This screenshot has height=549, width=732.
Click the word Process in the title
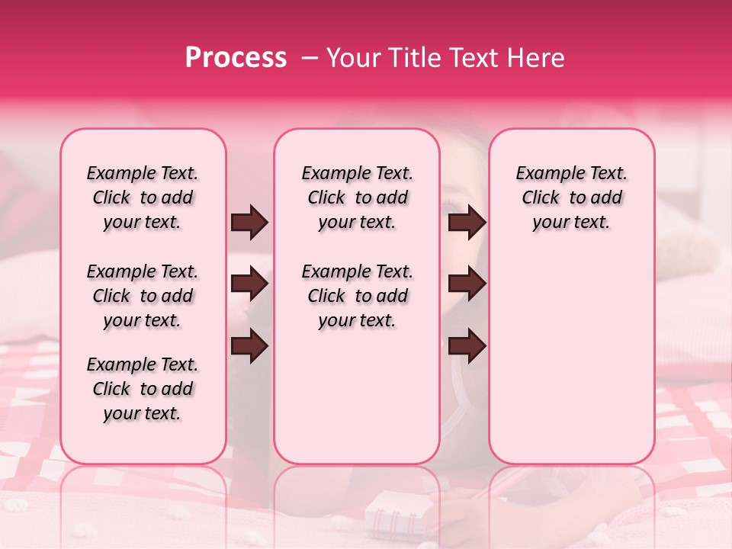[x=236, y=57]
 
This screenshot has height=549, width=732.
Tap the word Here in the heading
[x=537, y=57]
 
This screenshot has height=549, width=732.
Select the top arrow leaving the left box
[x=249, y=222]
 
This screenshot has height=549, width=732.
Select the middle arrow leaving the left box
[x=249, y=284]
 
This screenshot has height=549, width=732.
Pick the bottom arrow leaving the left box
[x=249, y=346]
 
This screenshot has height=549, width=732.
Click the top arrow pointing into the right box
[x=467, y=222]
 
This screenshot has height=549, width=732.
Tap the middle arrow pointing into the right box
[x=467, y=284]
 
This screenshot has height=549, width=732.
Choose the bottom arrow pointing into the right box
[x=467, y=346]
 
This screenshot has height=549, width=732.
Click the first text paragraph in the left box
[x=143, y=197]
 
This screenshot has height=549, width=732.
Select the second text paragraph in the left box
[x=143, y=296]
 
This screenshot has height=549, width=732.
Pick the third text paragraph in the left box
[x=143, y=389]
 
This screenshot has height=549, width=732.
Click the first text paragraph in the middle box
[x=357, y=197]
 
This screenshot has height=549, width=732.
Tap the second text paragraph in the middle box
[x=357, y=296]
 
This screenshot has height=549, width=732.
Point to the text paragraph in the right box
[x=571, y=197]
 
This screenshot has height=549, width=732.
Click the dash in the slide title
[x=310, y=58]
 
